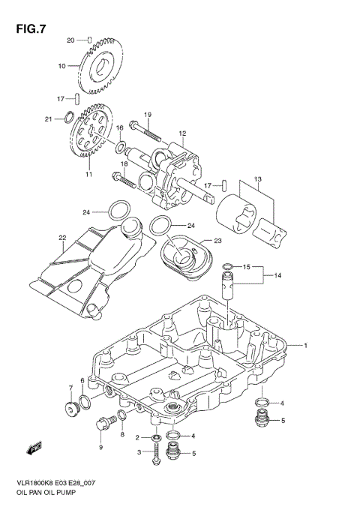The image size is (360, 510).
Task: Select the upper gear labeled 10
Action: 101,67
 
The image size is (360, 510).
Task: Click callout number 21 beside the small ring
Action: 48,118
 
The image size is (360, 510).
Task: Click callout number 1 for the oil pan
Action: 305,346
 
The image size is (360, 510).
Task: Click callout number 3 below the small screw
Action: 138,452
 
